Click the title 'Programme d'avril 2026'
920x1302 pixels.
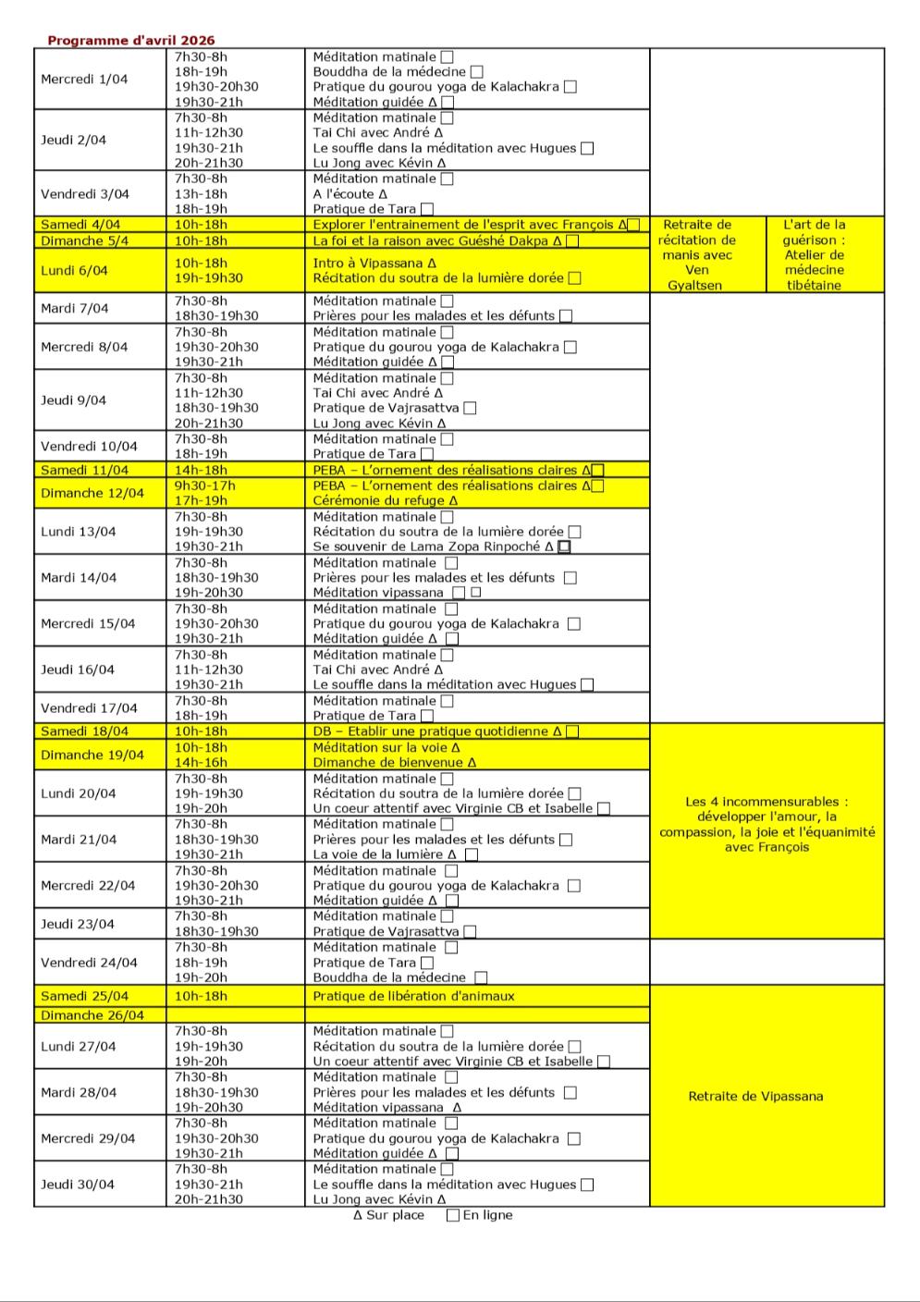pyautogui.click(x=131, y=41)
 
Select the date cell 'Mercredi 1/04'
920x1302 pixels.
pyautogui.click(x=84, y=80)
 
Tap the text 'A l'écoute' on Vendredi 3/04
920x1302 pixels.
pyautogui.click(x=343, y=194)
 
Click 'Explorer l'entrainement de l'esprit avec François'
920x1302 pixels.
pyautogui.click(x=463, y=225)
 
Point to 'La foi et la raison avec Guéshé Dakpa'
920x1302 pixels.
pyautogui.click(x=431, y=241)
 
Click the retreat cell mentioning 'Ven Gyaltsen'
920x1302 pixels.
pyautogui.click(x=697, y=254)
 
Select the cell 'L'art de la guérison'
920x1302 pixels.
pyautogui.click(x=814, y=254)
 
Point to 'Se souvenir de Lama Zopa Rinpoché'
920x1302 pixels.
pyautogui.click(x=426, y=547)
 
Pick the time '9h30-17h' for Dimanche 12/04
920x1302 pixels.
pyautogui.click(x=205, y=485)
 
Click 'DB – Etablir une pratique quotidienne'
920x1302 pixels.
pyautogui.click(x=430, y=731)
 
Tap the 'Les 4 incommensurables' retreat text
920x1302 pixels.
pyautogui.click(x=767, y=824)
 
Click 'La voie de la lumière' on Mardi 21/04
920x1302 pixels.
pyautogui.click(x=379, y=854)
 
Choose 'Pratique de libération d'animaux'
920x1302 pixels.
pyautogui.click(x=413, y=996)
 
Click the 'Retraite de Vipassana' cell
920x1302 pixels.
pyautogui.click(x=755, y=1097)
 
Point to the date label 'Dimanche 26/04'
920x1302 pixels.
pyautogui.click(x=92, y=1015)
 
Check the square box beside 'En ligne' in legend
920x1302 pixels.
pyautogui.click(x=453, y=1215)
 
